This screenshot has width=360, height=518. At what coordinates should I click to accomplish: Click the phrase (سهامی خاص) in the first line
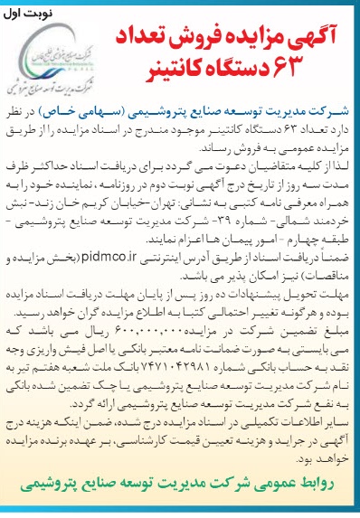[134, 115]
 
